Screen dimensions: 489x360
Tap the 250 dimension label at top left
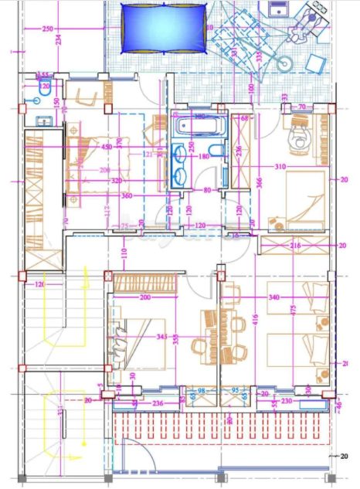pos(47,29)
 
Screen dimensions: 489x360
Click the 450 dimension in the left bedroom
pos(107,147)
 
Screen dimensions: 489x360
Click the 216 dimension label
pos(296,246)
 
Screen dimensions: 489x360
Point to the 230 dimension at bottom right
pos(286,401)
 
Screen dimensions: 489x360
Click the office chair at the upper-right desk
pos(297,140)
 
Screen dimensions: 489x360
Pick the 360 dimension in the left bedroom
pos(127,195)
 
